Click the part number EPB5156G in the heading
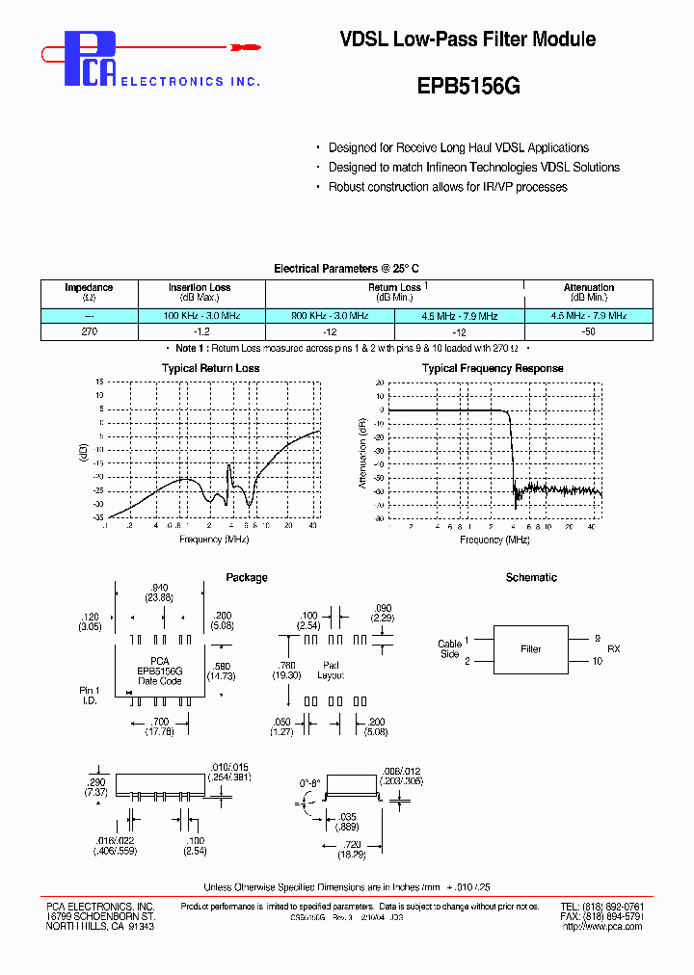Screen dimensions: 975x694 click(x=468, y=85)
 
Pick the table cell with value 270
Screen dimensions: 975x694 click(x=89, y=330)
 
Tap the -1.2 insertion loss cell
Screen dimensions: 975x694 click(x=200, y=330)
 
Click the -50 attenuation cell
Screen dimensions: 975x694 click(x=588, y=330)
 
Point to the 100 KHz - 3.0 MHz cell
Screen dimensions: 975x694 click(x=200, y=316)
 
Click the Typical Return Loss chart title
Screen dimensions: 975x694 click(x=210, y=368)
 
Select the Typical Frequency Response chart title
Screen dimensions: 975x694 click(x=493, y=368)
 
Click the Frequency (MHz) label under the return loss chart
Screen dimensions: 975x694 click(x=214, y=540)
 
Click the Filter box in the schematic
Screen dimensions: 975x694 click(x=531, y=649)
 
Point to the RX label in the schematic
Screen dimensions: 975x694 click(x=614, y=649)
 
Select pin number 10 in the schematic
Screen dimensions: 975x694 click(x=597, y=661)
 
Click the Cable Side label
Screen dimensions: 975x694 click(x=449, y=649)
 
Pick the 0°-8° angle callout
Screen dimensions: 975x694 click(x=309, y=784)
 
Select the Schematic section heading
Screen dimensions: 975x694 click(x=531, y=577)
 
